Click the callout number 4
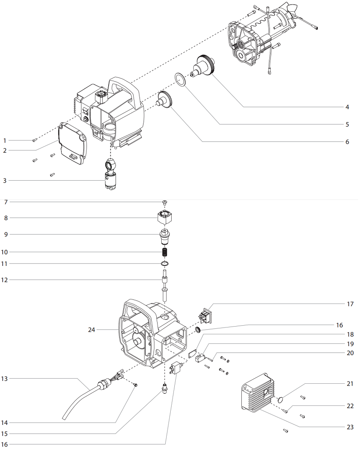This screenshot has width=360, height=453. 347,107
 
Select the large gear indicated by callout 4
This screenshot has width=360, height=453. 207,66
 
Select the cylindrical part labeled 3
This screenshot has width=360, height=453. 110,178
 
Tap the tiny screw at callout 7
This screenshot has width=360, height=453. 165,202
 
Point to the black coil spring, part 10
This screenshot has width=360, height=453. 165,251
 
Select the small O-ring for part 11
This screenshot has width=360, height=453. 165,264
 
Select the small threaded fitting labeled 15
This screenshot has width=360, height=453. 165,388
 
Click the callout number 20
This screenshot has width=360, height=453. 350,353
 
